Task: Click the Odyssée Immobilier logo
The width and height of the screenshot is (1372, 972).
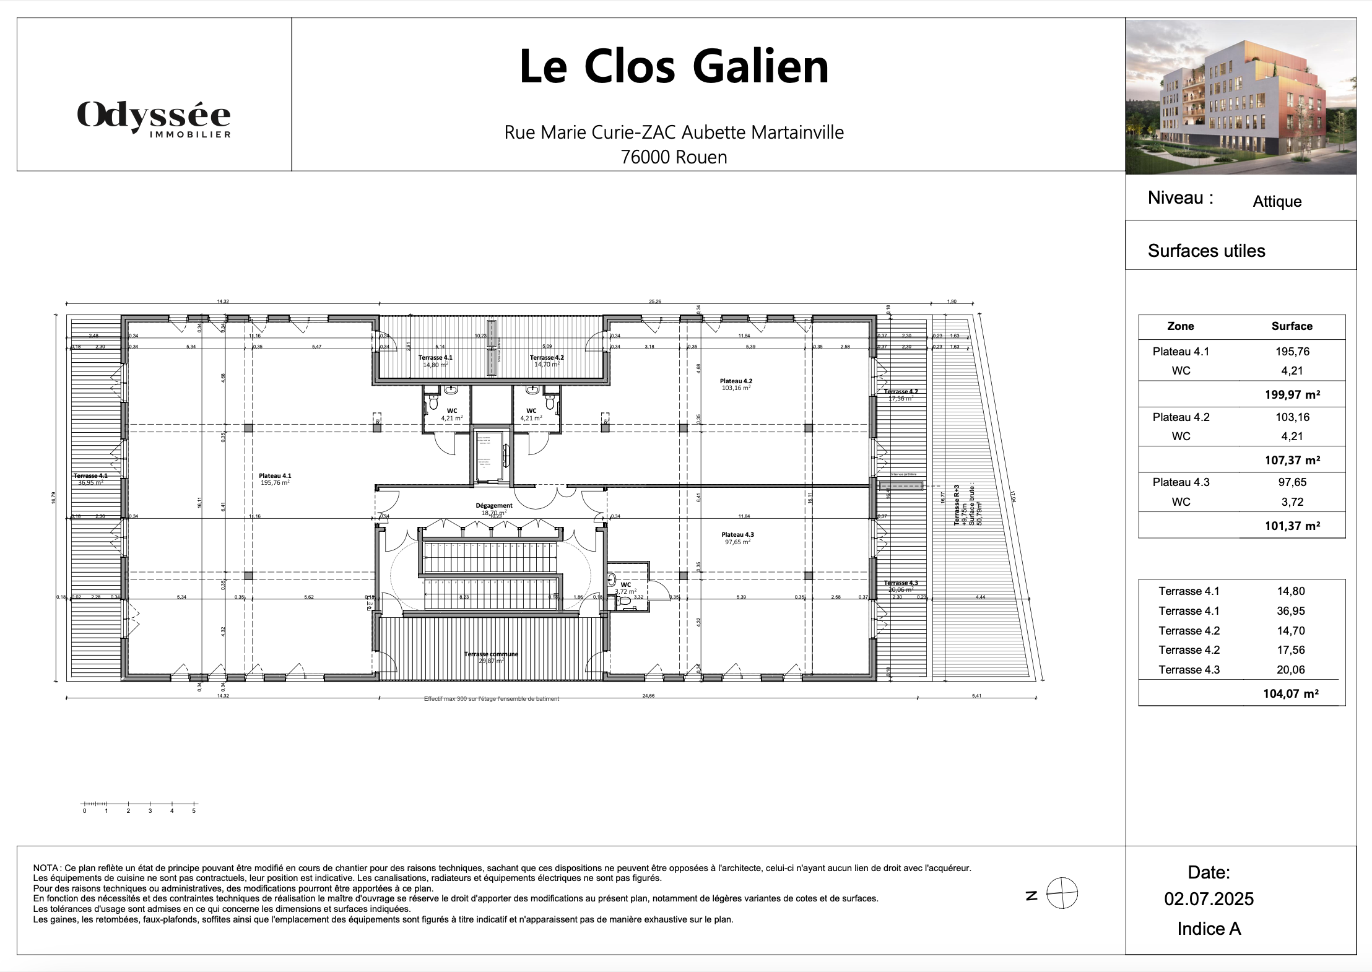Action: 154,118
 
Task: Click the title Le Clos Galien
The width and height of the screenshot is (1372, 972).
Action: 674,66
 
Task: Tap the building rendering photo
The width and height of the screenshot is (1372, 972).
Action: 1241,97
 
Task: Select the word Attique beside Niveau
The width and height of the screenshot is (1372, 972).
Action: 1277,201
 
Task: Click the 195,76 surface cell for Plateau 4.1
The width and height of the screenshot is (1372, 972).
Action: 1292,351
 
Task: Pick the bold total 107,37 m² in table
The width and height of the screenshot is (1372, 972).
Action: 1292,460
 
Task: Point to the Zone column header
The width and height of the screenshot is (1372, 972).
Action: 1180,326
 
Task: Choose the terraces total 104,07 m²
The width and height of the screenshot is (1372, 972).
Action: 1290,693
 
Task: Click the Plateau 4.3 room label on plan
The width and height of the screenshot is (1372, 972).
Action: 737,534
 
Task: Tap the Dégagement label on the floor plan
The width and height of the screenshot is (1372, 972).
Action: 494,505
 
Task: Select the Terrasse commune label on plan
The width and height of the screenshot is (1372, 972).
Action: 491,654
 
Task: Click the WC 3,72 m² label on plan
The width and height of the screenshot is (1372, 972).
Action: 625,588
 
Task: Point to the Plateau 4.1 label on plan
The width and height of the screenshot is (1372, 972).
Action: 275,475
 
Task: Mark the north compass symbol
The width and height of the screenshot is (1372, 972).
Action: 1062,894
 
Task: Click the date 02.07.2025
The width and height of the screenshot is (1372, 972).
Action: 1209,899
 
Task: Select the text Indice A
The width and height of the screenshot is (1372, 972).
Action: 1209,929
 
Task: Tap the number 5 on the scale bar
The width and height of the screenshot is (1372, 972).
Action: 194,810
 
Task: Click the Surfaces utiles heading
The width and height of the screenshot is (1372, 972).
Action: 1206,251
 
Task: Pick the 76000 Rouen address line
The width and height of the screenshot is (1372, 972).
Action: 674,157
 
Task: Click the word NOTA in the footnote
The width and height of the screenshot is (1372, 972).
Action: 44,868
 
